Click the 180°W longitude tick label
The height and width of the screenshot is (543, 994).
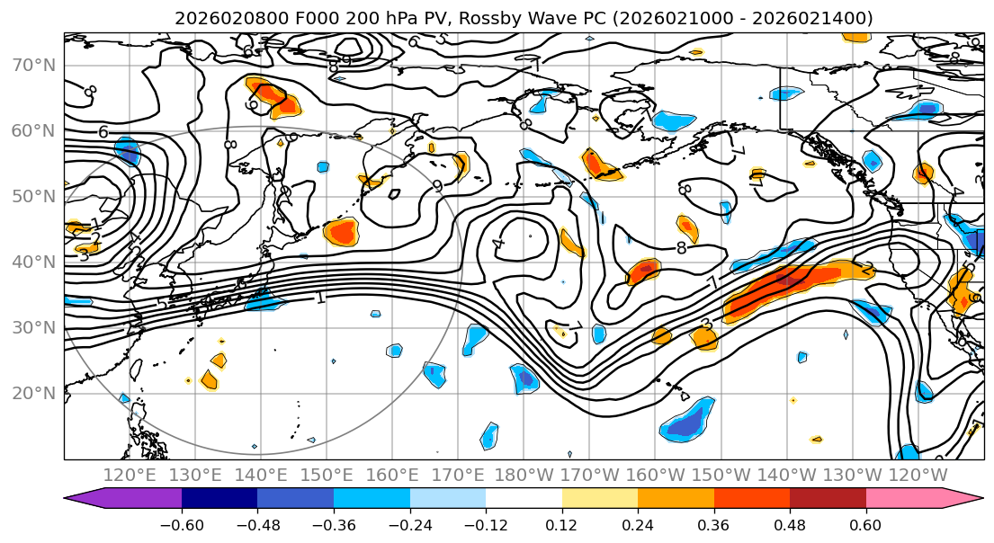[x=523, y=475]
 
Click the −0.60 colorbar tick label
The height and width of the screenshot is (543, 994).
[x=181, y=524]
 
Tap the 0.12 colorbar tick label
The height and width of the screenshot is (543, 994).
[x=561, y=524]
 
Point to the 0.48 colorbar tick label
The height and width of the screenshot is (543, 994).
[x=790, y=524]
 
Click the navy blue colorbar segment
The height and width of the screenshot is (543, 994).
[x=219, y=498]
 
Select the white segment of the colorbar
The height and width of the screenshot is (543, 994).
[x=524, y=498]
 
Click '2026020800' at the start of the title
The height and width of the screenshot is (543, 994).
[x=219, y=18]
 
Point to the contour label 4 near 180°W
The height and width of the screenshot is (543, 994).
[x=498, y=244]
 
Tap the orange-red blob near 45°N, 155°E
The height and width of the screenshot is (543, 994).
[x=342, y=232]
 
